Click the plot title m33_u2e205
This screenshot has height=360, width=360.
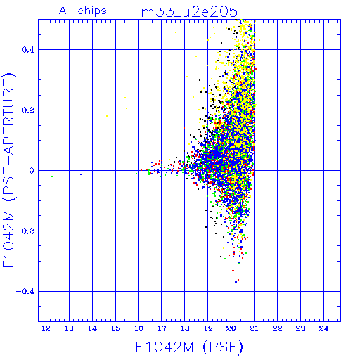189,12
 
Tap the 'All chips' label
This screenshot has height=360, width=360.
83,11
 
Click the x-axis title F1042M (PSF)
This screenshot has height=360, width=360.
189,347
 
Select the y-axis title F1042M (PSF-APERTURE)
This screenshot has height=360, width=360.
8,170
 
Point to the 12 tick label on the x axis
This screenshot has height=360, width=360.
46,328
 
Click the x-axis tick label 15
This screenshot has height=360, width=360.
115,328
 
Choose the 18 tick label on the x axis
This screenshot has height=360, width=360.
185,328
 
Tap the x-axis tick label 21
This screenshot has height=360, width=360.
255,328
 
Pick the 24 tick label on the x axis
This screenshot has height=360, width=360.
323,328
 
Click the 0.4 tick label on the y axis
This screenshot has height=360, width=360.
28,50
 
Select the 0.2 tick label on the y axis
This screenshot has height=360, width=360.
28,110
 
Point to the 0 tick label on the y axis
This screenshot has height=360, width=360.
32,171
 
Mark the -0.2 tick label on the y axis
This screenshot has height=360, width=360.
25,231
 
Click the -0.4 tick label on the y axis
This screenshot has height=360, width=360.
25,292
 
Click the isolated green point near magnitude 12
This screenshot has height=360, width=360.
52,176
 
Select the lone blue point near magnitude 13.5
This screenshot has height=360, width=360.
81,174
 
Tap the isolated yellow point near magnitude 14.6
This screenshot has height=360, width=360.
107,117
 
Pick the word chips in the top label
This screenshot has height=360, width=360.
92,11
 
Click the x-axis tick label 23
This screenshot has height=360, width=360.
300,328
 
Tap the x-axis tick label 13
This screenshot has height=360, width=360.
69,328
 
